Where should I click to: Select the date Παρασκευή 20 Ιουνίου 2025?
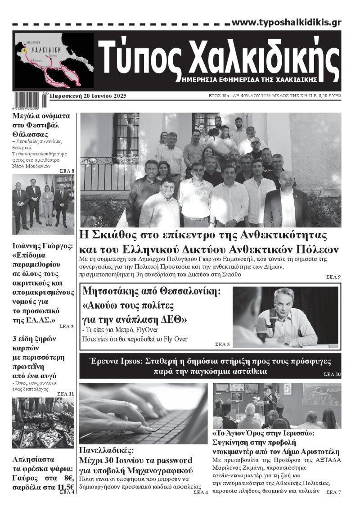pyautogui.click(x=88, y=96)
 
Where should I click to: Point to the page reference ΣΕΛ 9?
pyautogui.click(x=333, y=276)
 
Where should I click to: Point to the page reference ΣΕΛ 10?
pyautogui.click(x=332, y=375)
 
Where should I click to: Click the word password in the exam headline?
pyautogui.click(x=173, y=460)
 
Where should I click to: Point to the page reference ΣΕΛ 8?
pyautogui.click(x=67, y=171)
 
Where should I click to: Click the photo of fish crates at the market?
pyautogui.click(x=43, y=423)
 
